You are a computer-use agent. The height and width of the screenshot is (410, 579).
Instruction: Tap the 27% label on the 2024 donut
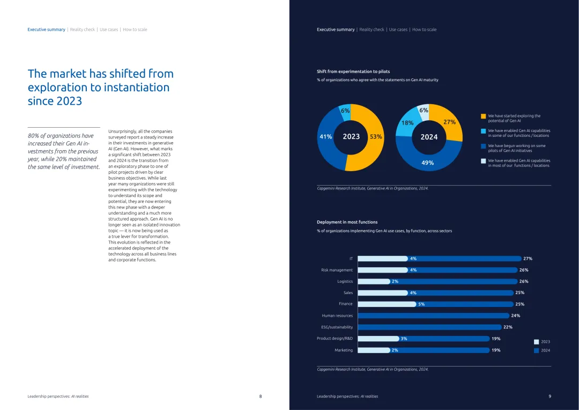[x=449, y=122]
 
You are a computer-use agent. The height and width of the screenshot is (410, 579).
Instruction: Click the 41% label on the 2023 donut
[x=325, y=137]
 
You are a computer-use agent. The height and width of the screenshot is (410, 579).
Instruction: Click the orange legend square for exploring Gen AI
[x=483, y=116]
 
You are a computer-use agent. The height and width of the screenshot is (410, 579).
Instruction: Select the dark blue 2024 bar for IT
[x=466, y=259]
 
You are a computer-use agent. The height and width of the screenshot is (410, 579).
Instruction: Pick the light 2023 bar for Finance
[x=386, y=304]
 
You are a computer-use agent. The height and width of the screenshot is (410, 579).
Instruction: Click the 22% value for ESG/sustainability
[x=507, y=327]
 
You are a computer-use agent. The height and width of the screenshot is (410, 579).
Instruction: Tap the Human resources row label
[x=337, y=316]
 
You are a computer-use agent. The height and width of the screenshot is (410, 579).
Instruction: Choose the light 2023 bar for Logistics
[x=373, y=281]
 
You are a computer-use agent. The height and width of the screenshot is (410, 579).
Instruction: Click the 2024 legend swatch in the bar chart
[x=536, y=350]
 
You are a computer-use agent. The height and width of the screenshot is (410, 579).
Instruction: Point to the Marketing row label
[x=344, y=350]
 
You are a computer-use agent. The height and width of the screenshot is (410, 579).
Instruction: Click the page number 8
[x=261, y=396]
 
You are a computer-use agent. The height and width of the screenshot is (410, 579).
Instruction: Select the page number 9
[x=550, y=396]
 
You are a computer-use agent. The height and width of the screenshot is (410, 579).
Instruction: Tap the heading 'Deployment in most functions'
[x=347, y=222]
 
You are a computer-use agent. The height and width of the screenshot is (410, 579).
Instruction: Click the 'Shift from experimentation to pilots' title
[x=353, y=71]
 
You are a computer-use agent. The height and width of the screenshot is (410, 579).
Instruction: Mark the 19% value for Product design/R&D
[x=496, y=339]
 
